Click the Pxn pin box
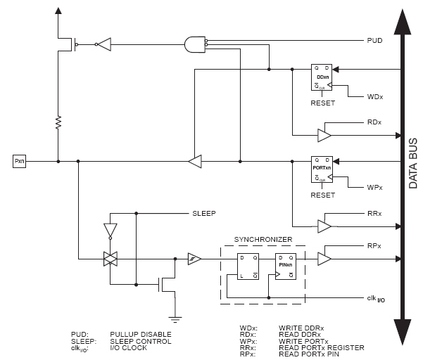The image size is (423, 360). coord(20,161)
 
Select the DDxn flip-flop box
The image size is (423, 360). coord(322,78)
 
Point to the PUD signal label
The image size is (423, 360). coord(374,41)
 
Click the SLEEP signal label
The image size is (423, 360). coord(204,212)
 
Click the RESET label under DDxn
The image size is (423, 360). coord(322,103)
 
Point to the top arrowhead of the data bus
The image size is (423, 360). coord(402,21)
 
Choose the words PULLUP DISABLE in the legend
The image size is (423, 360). coord(140,333)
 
